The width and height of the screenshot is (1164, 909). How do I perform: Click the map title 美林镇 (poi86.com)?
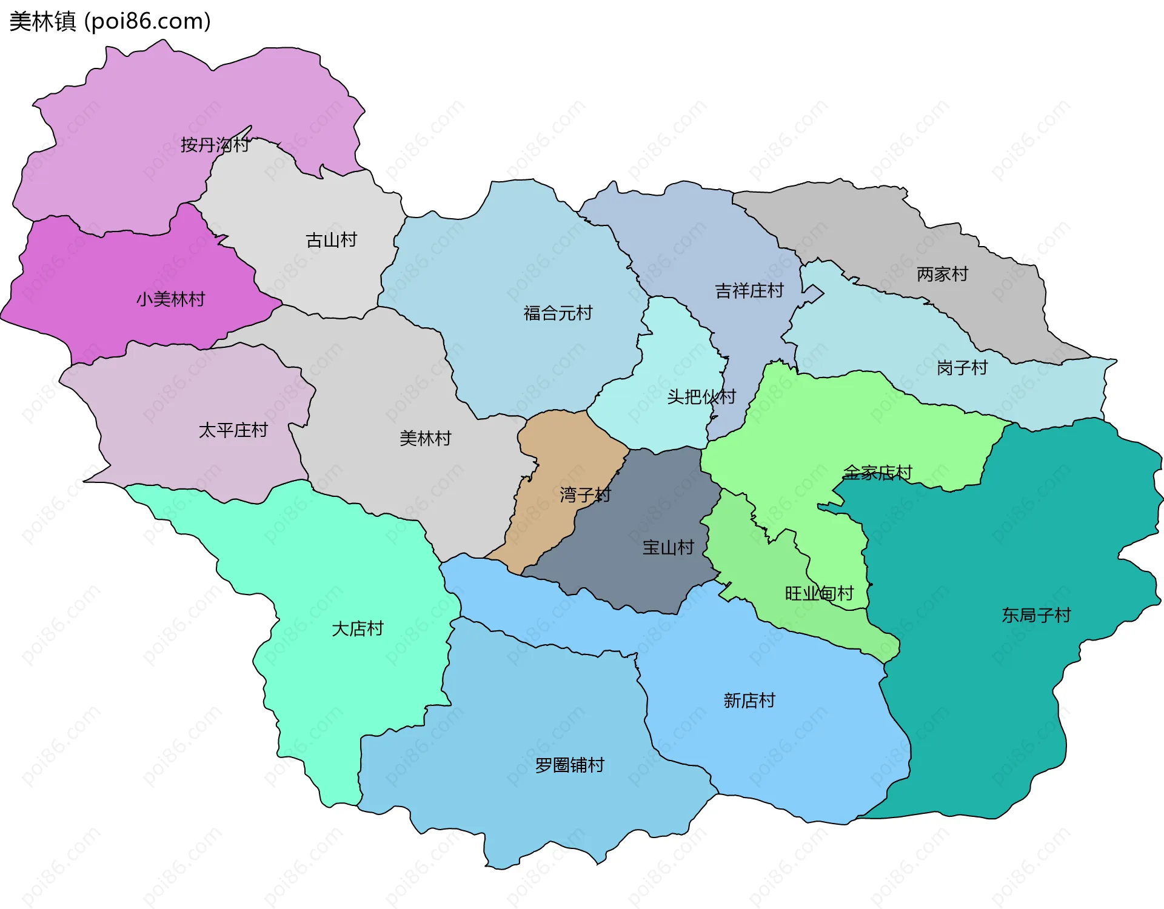[x=110, y=21]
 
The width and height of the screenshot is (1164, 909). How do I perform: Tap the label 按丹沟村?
[x=215, y=145]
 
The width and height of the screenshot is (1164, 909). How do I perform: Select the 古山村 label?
[x=331, y=241]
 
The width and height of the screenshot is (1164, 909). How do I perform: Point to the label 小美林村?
[x=170, y=299]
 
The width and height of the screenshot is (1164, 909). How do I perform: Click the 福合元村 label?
[x=558, y=313]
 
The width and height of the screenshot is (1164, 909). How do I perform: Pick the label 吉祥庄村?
[x=749, y=291]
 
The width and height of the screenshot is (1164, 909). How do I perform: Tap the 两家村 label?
[x=942, y=275]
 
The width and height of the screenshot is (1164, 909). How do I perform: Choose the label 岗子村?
[x=962, y=368]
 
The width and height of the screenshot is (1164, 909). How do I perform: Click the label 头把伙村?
[x=701, y=397]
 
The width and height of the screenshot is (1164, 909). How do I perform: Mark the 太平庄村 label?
[x=233, y=430]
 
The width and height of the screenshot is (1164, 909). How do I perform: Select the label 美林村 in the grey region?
[x=426, y=439]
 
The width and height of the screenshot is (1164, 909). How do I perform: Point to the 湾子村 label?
[x=585, y=495]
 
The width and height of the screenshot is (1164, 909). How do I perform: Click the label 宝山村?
[x=668, y=548]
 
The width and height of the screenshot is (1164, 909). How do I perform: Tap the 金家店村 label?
[x=877, y=473]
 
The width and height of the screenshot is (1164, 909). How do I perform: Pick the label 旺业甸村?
[x=819, y=593]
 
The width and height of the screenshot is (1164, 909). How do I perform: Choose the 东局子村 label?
[x=1036, y=616]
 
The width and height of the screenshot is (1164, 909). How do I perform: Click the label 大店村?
[x=358, y=629]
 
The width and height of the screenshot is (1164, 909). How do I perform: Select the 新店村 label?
[x=749, y=701]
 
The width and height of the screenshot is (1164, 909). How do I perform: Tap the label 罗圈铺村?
[x=569, y=765]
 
